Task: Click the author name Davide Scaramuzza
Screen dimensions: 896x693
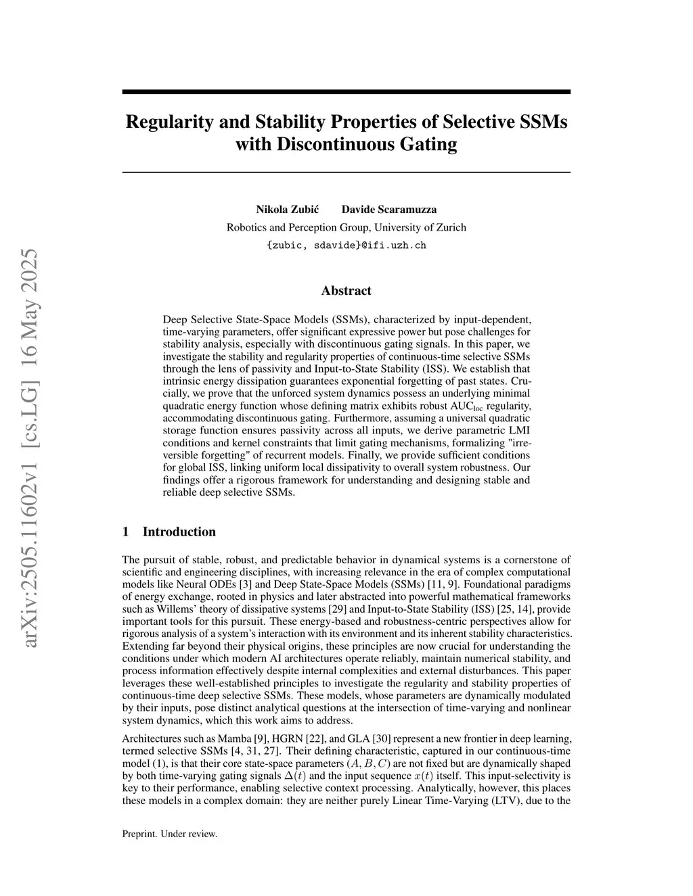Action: [389, 209]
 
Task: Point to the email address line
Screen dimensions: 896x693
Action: [346, 245]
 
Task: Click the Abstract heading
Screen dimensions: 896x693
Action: [346, 291]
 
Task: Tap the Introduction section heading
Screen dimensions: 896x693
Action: [179, 532]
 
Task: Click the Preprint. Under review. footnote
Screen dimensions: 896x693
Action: [170, 834]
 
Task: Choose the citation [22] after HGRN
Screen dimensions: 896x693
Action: [307, 739]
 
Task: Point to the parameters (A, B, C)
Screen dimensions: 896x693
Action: [365, 763]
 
